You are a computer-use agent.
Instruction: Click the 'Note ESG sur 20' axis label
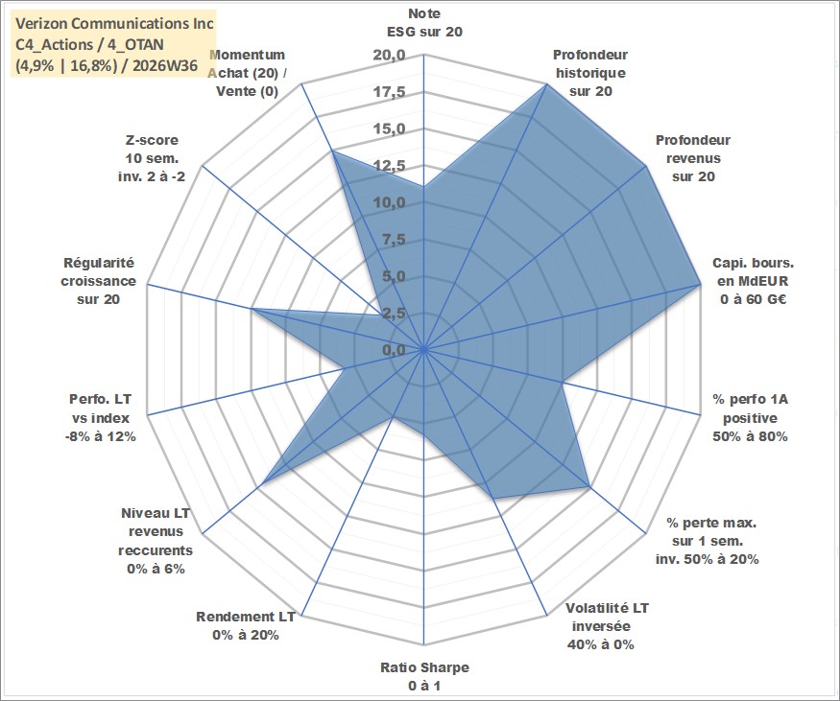click(x=424, y=22)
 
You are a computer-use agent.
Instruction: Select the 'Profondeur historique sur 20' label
click(x=590, y=73)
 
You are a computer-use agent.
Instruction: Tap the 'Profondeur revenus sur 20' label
click(x=693, y=158)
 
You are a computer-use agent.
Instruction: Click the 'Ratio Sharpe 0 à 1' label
click(x=424, y=676)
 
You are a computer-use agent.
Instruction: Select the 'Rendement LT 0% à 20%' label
click(x=246, y=626)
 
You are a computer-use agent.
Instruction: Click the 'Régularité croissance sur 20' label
click(x=99, y=281)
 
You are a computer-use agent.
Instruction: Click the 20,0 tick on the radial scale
click(x=389, y=56)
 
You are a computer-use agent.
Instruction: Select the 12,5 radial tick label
click(x=390, y=166)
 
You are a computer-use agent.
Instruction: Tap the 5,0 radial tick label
click(x=394, y=276)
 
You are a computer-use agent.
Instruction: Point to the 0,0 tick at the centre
click(x=394, y=351)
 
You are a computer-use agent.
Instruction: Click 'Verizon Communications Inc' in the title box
click(x=114, y=24)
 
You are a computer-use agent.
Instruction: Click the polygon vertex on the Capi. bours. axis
click(x=700, y=285)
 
